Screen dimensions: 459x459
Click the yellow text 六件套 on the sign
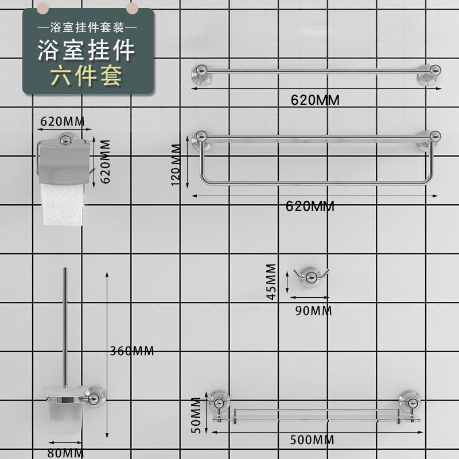(87, 76)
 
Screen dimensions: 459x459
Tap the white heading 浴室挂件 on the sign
(87, 50)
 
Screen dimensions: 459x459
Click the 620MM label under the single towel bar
(315, 100)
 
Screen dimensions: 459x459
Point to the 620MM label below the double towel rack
(310, 207)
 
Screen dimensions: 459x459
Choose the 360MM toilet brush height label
(132, 351)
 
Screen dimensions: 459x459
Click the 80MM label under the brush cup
(65, 453)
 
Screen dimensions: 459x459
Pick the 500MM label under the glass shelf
(312, 440)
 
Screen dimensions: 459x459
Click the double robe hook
(309, 275)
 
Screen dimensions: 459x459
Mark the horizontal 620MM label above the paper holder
(63, 122)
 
